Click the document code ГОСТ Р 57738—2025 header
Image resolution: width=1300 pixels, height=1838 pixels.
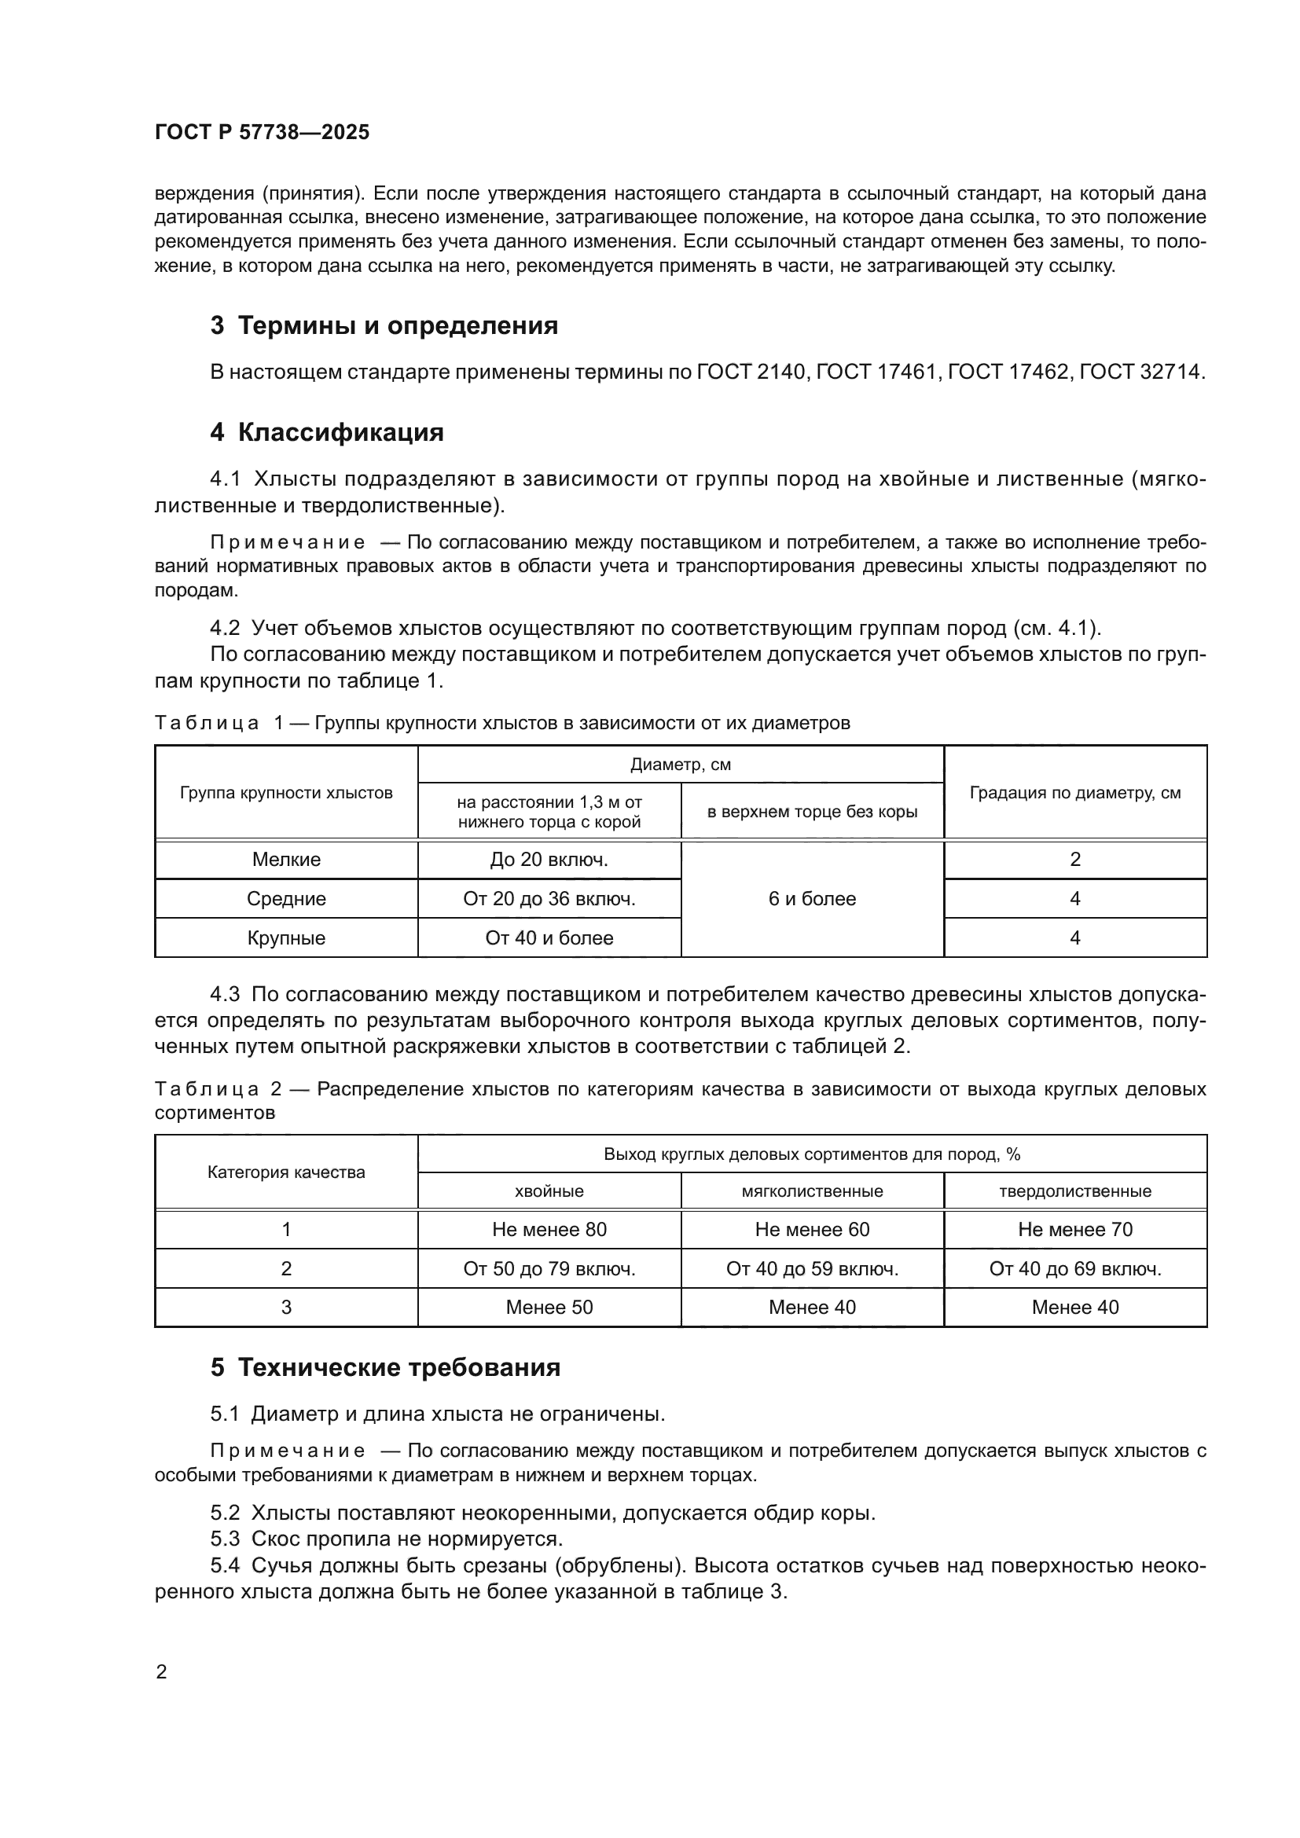point(262,133)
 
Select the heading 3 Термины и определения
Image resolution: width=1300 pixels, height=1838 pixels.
point(384,326)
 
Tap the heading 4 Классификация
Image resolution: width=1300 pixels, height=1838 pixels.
point(327,432)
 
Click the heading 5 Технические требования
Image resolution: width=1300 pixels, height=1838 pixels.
point(385,1367)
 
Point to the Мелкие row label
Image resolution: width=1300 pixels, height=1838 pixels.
point(286,860)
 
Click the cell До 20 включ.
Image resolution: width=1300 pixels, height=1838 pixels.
point(549,860)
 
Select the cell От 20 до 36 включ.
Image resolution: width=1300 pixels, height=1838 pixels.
point(549,899)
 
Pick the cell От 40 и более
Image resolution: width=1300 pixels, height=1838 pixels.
point(549,938)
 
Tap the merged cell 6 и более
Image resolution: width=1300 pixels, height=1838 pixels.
point(812,899)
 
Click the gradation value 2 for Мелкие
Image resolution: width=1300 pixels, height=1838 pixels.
point(1075,860)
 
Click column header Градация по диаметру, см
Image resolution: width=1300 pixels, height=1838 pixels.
point(1075,793)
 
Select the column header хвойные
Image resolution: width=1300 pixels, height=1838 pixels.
point(549,1191)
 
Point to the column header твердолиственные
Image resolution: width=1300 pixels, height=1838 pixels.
point(1075,1191)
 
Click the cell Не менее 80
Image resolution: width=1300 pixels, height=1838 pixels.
point(549,1230)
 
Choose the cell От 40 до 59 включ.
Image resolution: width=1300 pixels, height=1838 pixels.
point(812,1269)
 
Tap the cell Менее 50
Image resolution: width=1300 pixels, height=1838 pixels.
point(549,1308)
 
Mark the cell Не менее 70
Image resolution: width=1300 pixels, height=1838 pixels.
point(1075,1230)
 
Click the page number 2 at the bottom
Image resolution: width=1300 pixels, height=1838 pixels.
point(161,1672)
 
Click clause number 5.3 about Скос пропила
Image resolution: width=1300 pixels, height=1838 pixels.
point(225,1539)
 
